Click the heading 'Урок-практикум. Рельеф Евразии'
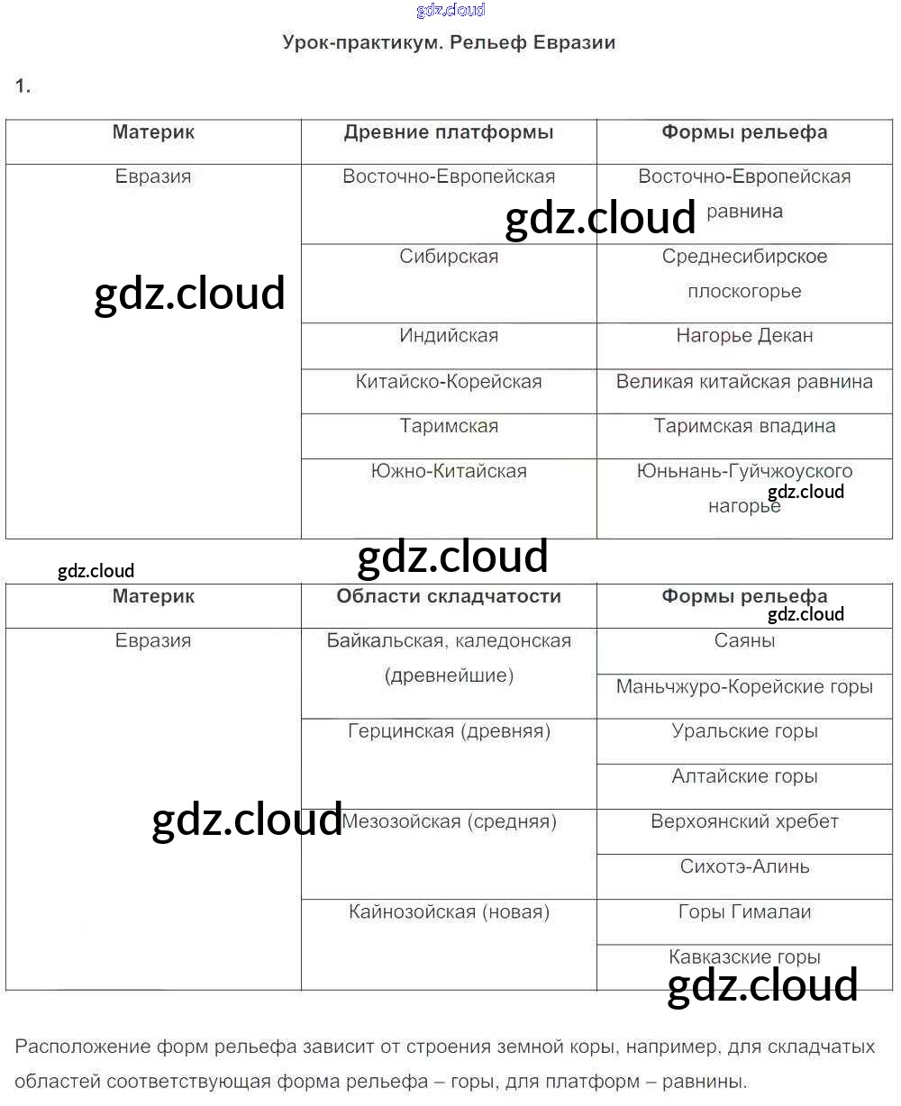[449, 42]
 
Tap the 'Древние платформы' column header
[449, 132]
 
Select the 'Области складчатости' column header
[449, 596]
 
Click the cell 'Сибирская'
[449, 257]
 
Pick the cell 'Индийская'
[449, 336]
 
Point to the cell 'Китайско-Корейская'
[449, 382]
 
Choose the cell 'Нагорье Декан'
[744, 336]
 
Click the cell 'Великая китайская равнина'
[744, 382]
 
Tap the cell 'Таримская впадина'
[744, 426]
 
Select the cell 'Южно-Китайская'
[449, 471]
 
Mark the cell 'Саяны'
[744, 641]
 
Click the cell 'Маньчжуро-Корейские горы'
[744, 687]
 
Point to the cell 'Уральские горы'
[744, 731]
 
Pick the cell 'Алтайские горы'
[744, 776]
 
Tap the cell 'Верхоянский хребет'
[744, 822]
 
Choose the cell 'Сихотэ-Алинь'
[744, 867]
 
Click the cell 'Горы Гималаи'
[744, 912]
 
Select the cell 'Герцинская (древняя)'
[449, 731]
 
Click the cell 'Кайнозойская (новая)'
[449, 912]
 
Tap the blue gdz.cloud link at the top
[450, 10]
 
